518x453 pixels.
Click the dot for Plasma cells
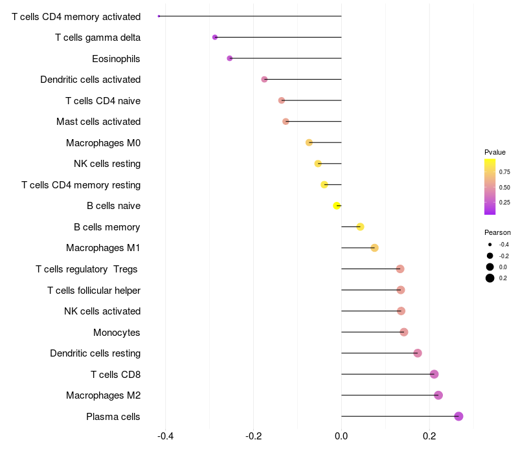[x=458, y=416]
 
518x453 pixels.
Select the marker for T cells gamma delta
[x=215, y=38]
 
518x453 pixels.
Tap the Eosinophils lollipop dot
[x=230, y=58]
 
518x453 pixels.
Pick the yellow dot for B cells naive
[x=337, y=206]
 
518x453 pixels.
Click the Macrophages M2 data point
[x=438, y=395]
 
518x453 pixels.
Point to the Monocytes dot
[x=403, y=332]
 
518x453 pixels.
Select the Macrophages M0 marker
[x=309, y=142]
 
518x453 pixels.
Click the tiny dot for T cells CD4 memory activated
[x=159, y=16]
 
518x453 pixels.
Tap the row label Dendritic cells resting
[x=95, y=353]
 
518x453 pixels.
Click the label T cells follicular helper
[x=94, y=290]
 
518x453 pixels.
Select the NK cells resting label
[x=107, y=164]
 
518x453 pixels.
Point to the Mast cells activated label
[x=98, y=122]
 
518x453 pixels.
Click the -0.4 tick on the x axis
[x=166, y=436]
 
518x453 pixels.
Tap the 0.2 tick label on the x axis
[x=429, y=436]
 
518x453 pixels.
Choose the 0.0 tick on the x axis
[x=341, y=436]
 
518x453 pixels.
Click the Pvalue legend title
[x=495, y=152]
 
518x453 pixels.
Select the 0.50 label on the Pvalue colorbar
[x=504, y=188]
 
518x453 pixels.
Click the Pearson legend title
[x=497, y=232]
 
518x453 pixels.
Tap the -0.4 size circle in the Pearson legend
[x=490, y=245]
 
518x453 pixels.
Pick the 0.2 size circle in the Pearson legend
[x=490, y=278]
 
